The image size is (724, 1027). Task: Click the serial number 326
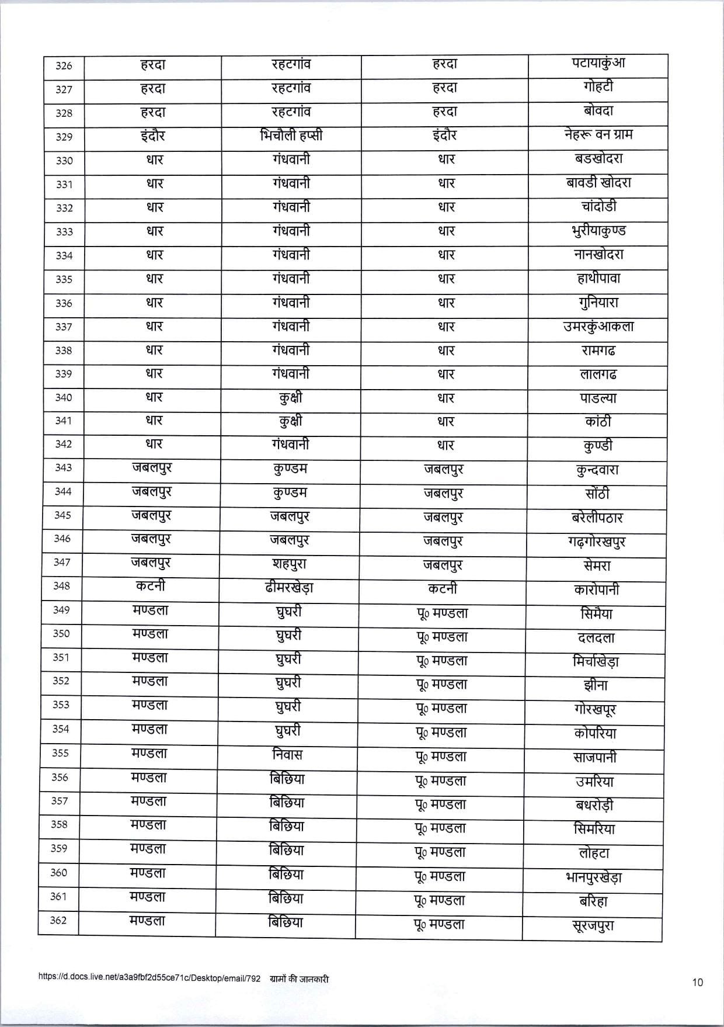[x=64, y=66]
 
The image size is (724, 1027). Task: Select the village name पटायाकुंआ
[x=598, y=64]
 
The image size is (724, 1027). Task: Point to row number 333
[x=64, y=232]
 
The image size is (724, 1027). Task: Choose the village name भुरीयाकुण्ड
[x=598, y=231]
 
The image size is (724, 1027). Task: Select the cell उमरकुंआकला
[x=598, y=327]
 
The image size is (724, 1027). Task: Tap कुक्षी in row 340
[x=291, y=398]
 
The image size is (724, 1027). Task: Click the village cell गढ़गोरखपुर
[x=596, y=542]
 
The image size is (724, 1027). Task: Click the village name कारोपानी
[x=596, y=589]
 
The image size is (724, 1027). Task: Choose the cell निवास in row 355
[x=288, y=755]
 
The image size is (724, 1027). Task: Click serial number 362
[x=58, y=921]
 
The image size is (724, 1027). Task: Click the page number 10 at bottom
[x=698, y=983]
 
